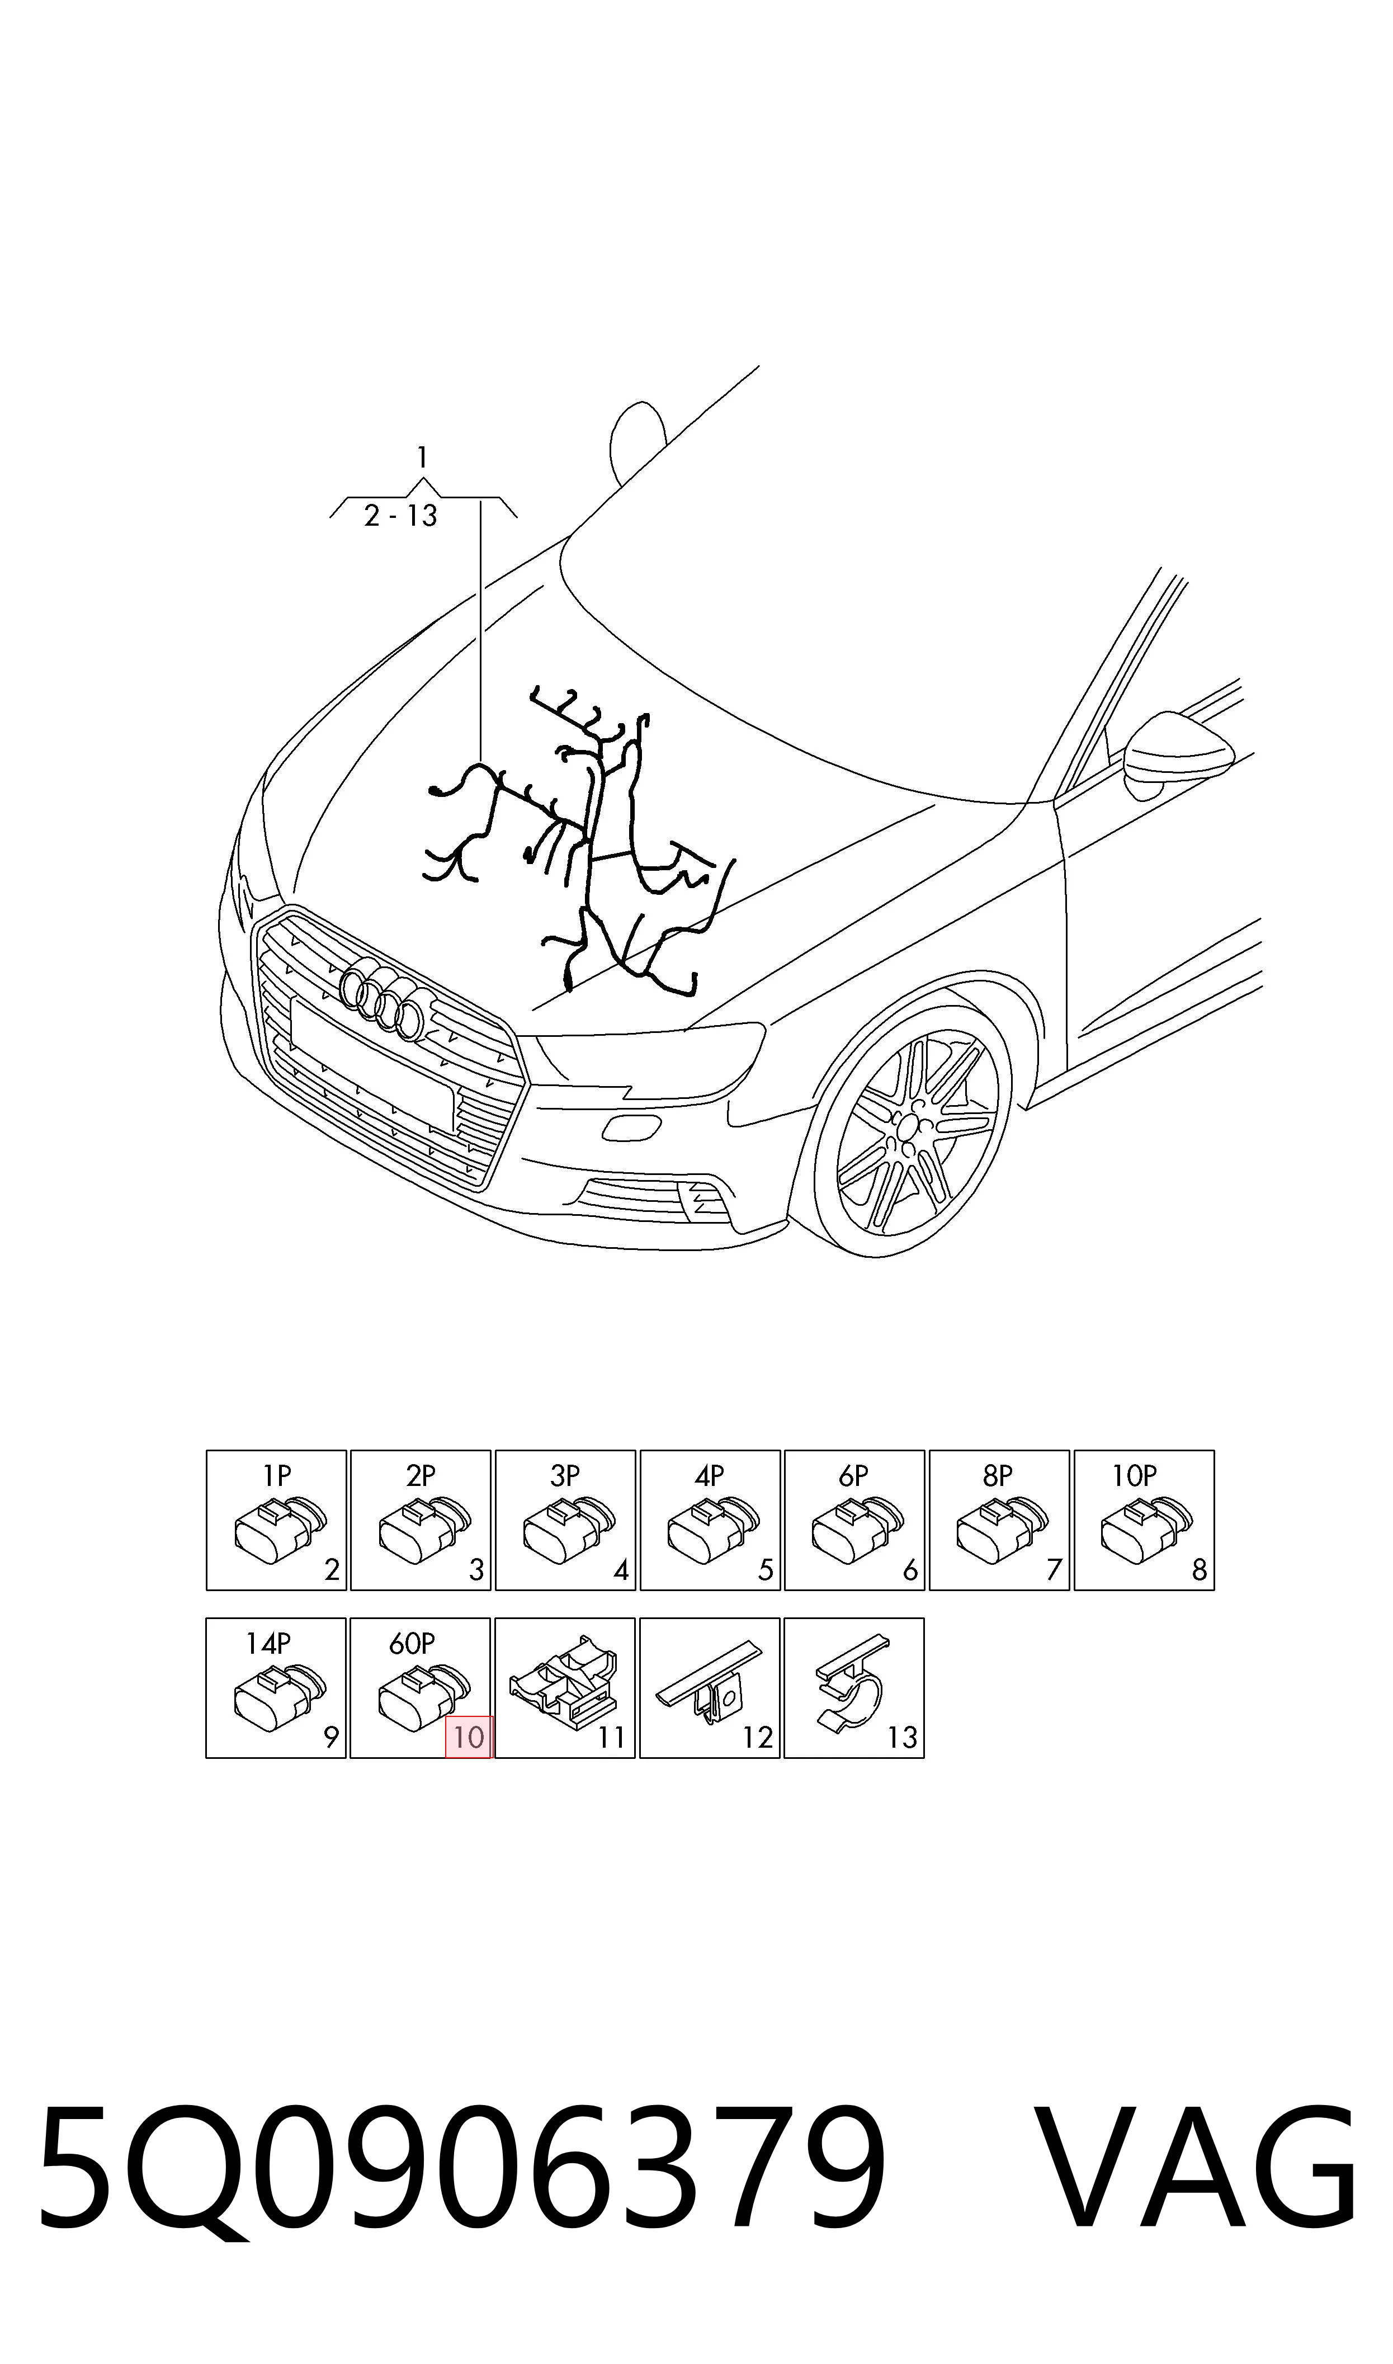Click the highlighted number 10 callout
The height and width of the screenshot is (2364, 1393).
click(469, 1737)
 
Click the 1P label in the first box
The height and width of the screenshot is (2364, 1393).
click(277, 1476)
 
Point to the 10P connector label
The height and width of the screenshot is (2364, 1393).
click(1134, 1476)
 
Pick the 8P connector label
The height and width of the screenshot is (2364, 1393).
click(998, 1476)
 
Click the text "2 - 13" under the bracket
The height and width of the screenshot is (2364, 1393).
click(401, 516)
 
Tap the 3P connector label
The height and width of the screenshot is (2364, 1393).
click(565, 1476)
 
